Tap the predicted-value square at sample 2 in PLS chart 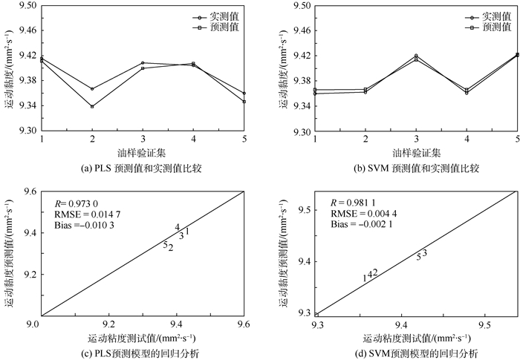tap(92, 106)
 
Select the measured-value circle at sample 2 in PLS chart tap(92, 89)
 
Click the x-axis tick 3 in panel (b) tap(416, 140)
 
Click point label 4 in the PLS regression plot tap(178, 227)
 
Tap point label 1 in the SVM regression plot tap(365, 278)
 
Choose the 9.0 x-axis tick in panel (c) tap(42, 324)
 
